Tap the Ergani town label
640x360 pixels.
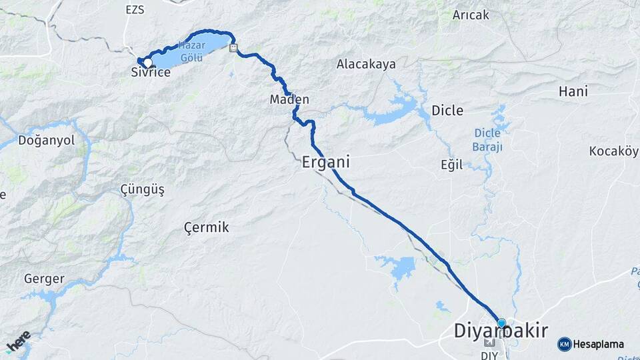point(326,162)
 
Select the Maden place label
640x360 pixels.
point(289,99)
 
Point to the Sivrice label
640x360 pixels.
point(151,73)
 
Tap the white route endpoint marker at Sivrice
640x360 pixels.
point(147,63)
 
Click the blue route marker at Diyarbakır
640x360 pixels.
point(501,323)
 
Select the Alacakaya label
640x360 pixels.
point(366,65)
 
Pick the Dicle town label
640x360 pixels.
point(447,110)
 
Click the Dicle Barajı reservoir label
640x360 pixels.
point(487,139)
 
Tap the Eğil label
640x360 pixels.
point(451,165)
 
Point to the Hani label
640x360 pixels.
point(573,91)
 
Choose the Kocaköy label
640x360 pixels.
point(613,151)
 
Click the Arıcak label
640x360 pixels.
point(471,15)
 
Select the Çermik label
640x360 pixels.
point(206,227)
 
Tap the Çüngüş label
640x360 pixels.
point(142,189)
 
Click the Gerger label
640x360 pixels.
point(44,279)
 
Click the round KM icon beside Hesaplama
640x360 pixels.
point(564,344)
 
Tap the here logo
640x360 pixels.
point(19,341)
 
